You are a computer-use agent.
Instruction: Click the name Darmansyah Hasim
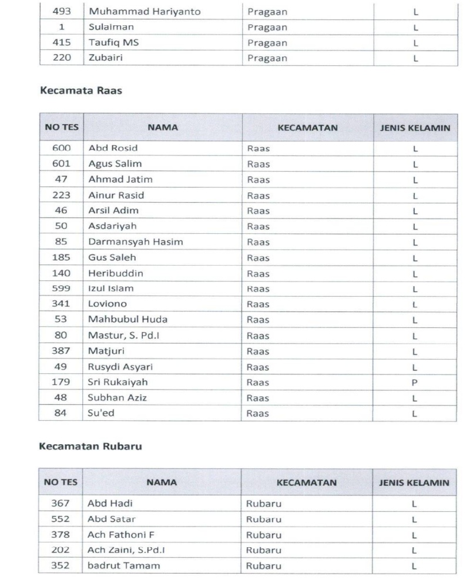pyautogui.click(x=127, y=242)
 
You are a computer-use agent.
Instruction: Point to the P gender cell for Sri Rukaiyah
pyautogui.click(x=415, y=381)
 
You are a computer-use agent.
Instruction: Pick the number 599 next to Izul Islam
pyautogui.click(x=61, y=289)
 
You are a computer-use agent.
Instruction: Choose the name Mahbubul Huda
pyautogui.click(x=119, y=320)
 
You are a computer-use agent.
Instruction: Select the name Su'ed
pyautogui.click(x=101, y=413)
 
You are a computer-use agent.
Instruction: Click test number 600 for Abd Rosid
pyautogui.click(x=61, y=148)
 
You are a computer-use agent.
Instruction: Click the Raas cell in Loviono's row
pyautogui.click(x=258, y=304)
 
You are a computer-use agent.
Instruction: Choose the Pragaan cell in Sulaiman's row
pyautogui.click(x=267, y=27)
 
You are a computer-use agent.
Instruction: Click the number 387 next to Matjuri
pyautogui.click(x=61, y=351)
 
